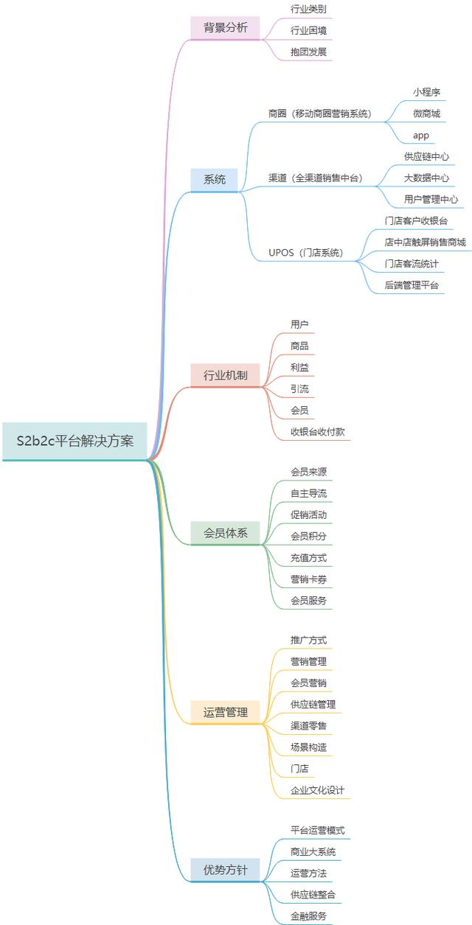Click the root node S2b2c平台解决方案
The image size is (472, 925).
tap(74, 441)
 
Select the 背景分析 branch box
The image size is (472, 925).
tap(225, 28)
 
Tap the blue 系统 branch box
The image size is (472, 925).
tap(215, 179)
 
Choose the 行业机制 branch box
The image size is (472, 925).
tap(225, 375)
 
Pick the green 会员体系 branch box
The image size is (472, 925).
tap(225, 533)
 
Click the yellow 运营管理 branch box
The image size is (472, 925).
tap(225, 712)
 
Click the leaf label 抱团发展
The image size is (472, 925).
tap(308, 52)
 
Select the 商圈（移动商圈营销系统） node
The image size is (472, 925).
tap(319, 114)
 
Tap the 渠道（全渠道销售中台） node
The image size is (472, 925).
tap(315, 178)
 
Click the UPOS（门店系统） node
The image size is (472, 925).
tap(305, 253)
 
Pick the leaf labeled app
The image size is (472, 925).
tap(420, 136)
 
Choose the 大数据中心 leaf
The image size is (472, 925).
tap(426, 178)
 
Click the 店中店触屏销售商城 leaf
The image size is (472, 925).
tap(425, 242)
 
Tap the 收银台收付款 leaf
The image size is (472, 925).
tap(317, 432)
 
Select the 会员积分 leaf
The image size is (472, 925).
tap(308, 536)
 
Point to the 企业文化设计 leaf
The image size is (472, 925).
tap(317, 790)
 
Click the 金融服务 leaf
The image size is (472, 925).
tap(308, 916)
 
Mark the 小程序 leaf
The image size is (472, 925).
tap(426, 92)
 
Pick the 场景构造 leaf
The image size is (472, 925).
tap(308, 747)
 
